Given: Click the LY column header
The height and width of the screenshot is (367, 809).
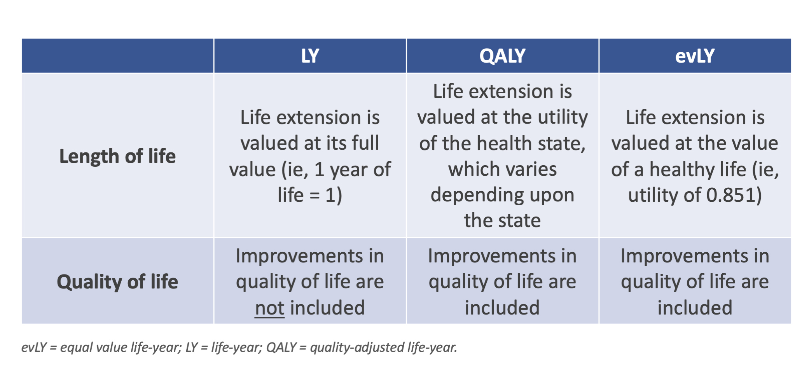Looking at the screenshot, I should tap(310, 56).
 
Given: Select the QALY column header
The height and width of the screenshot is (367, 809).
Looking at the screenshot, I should tap(502, 56).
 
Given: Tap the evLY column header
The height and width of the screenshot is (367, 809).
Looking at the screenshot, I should tap(695, 56).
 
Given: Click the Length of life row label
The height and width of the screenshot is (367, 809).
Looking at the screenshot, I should tap(117, 156).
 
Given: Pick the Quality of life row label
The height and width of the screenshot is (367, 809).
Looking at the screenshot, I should tap(117, 282).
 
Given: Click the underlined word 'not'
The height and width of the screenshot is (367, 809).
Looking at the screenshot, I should tap(270, 308).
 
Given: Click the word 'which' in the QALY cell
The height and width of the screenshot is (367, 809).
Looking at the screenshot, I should tap(467, 170).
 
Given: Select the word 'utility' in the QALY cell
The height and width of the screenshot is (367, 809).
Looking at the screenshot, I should tap(563, 117).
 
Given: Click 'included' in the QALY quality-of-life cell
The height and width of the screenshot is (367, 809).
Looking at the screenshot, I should tap(502, 308).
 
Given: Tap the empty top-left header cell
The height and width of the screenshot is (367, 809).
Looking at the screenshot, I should tap(117, 56).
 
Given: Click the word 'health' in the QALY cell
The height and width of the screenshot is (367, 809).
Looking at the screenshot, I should tap(503, 143).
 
